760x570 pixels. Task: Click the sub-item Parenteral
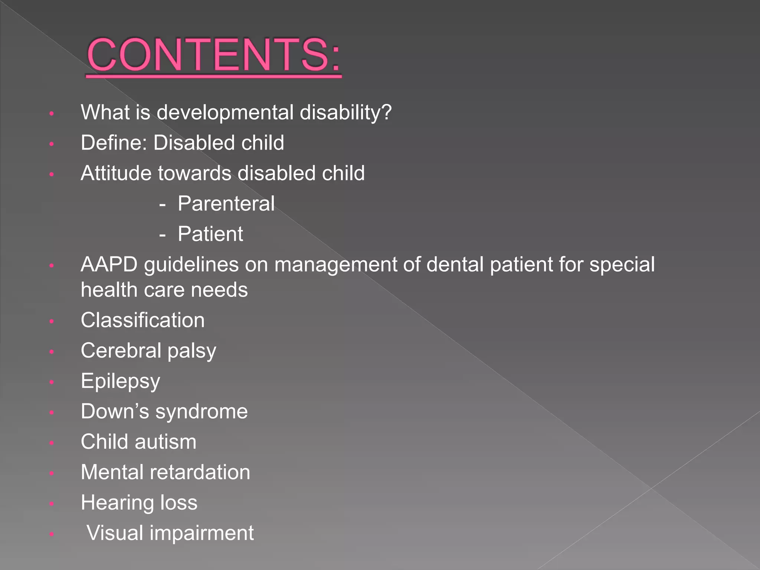[226, 204]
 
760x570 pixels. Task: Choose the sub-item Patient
[210, 234]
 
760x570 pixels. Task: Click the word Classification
[142, 320]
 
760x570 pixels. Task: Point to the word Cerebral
[121, 351]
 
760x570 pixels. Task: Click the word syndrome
[202, 412]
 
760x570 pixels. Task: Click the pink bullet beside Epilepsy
[52, 382]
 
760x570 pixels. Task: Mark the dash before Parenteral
[162, 204]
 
